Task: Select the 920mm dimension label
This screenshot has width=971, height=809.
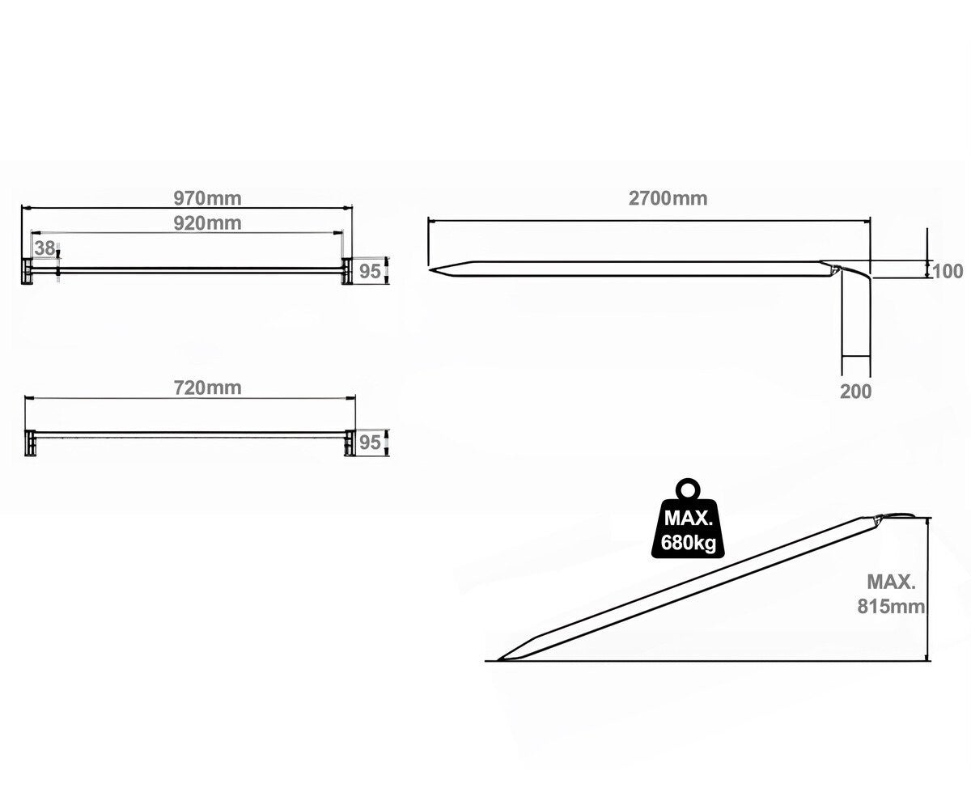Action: click(x=208, y=223)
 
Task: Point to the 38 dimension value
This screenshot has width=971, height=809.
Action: click(x=45, y=248)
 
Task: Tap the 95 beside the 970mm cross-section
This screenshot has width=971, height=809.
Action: click(x=370, y=271)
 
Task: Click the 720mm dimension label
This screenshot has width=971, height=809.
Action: click(x=208, y=388)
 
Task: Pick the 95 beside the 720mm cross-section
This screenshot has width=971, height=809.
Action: click(x=370, y=443)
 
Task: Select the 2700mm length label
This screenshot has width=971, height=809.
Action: click(x=668, y=198)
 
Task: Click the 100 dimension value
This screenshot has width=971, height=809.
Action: click(x=948, y=271)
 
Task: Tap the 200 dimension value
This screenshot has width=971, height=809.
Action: click(x=855, y=392)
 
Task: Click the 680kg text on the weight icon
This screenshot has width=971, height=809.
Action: click(x=689, y=543)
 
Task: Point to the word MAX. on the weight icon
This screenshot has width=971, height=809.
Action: click(x=689, y=519)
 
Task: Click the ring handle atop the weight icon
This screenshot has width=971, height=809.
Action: click(x=688, y=489)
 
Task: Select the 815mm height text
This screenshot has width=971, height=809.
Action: click(x=891, y=607)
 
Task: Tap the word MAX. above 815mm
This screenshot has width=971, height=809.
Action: click(x=891, y=582)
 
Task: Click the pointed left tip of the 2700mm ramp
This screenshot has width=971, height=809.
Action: click(x=433, y=269)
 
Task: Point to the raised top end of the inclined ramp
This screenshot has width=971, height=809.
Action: click(x=897, y=518)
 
